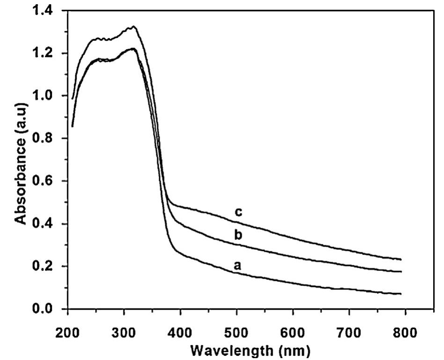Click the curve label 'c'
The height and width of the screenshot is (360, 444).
[x=238, y=212]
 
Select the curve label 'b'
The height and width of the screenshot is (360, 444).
[x=238, y=235]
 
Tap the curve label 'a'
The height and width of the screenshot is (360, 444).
[x=237, y=265]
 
